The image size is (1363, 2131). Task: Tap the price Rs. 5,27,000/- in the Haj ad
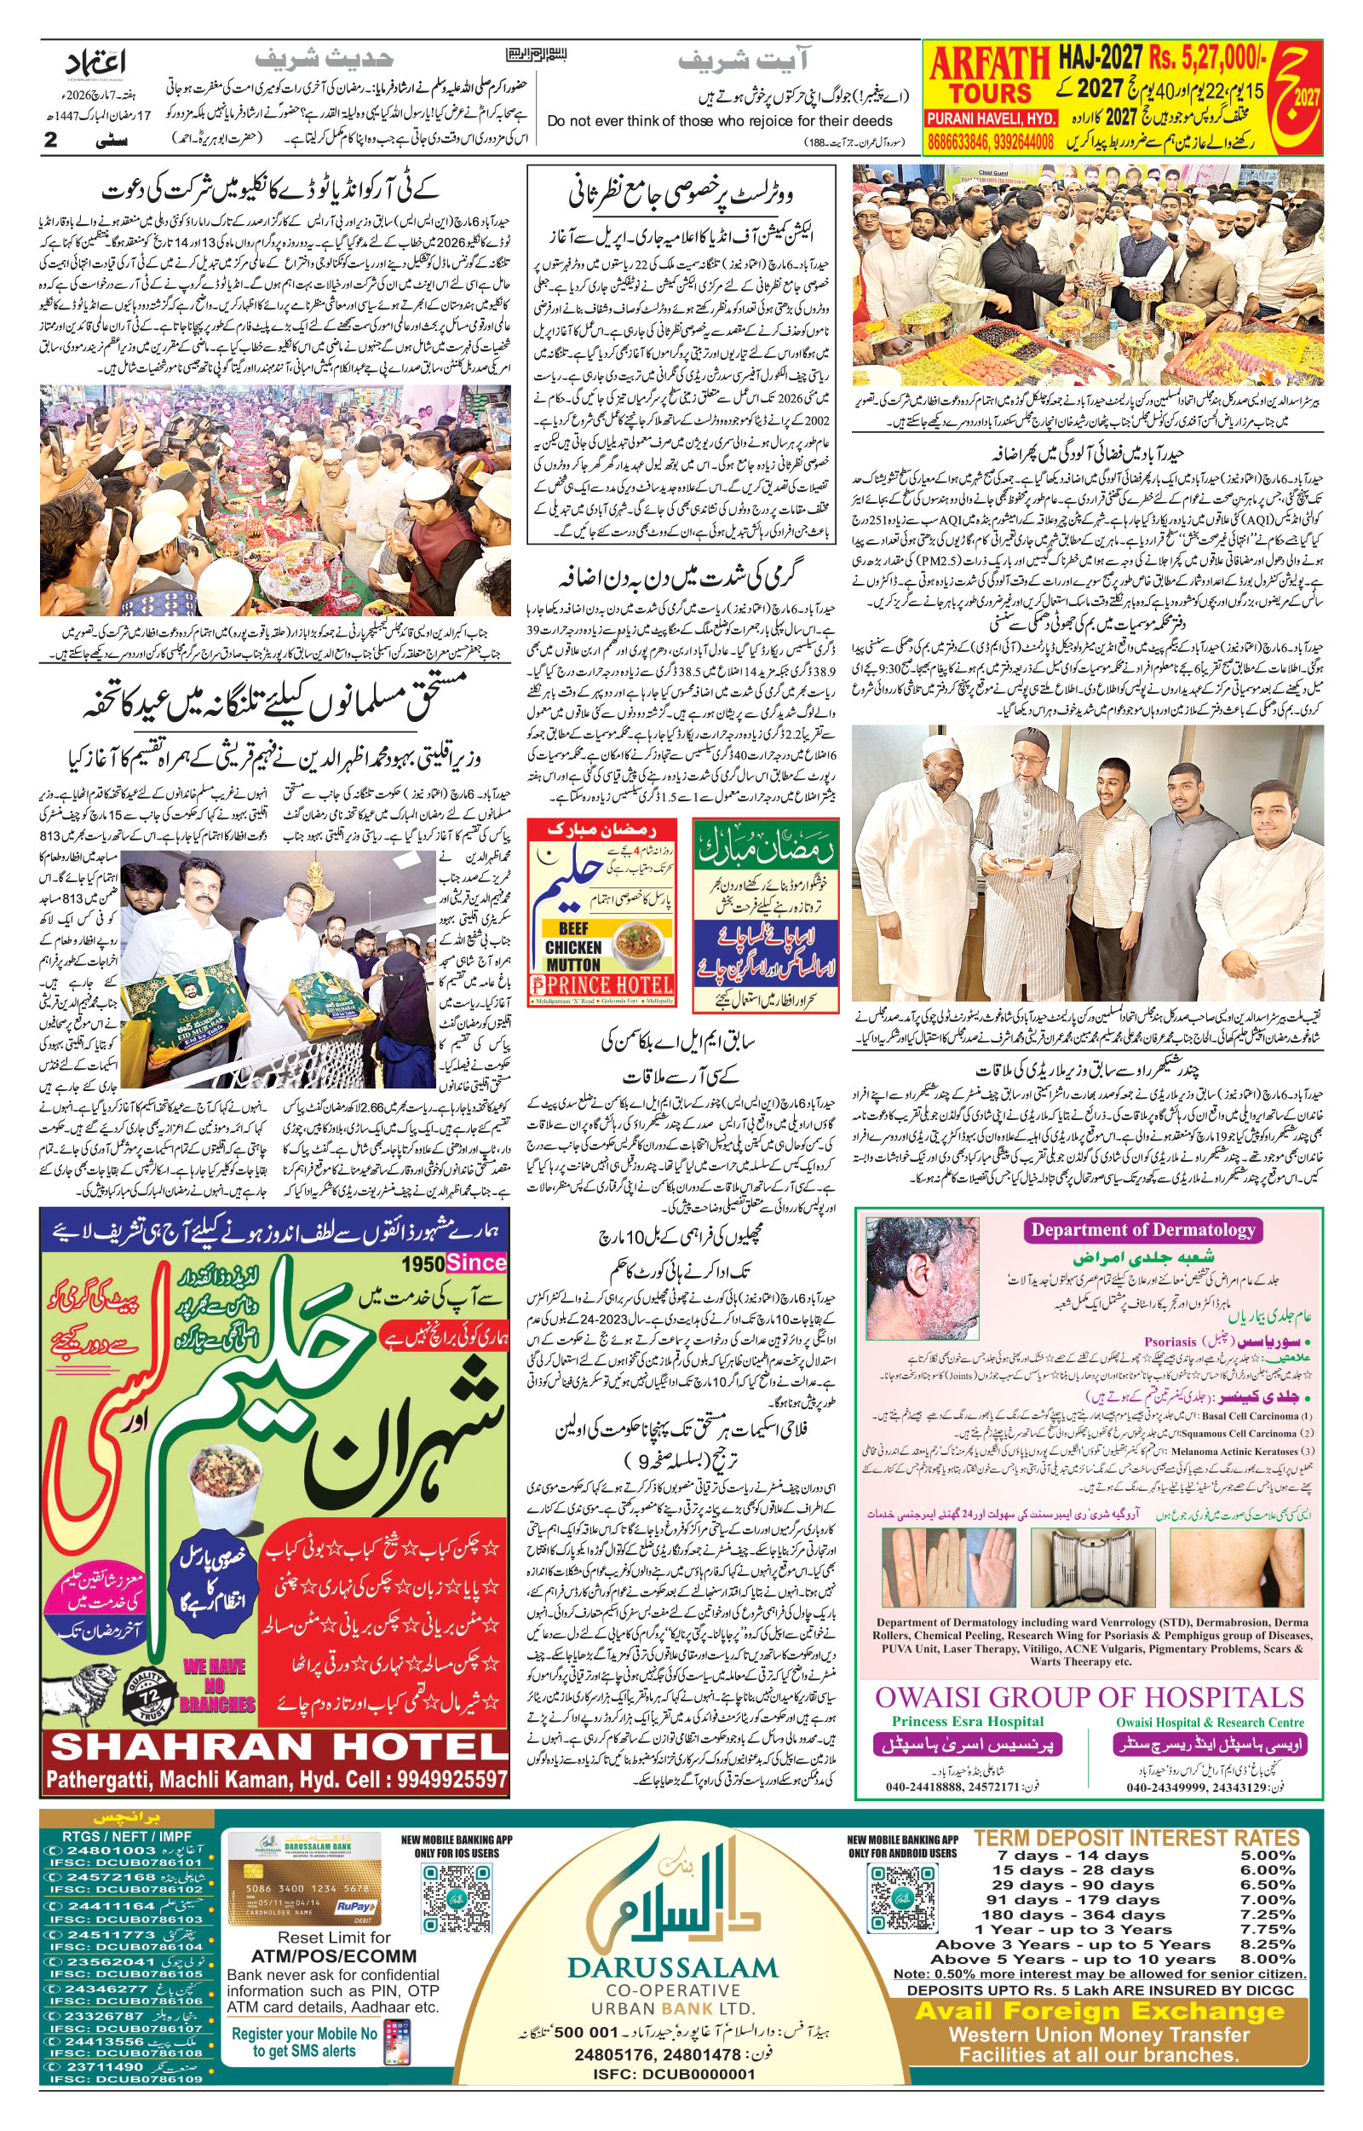tap(1209, 60)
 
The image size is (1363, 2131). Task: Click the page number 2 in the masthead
tap(50, 140)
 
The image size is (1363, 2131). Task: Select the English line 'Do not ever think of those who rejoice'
tap(719, 120)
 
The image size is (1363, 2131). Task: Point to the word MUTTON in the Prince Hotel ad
tap(572, 964)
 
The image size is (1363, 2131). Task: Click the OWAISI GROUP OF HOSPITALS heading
tap(1090, 1697)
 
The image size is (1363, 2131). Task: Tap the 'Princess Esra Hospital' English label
tap(968, 1721)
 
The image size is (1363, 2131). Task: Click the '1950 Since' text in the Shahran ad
tap(453, 1262)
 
